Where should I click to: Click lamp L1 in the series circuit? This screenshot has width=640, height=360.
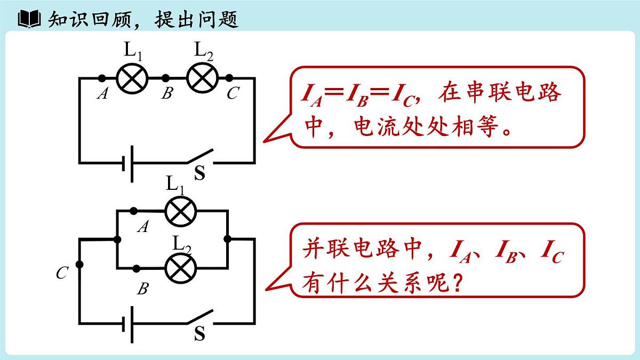(132, 79)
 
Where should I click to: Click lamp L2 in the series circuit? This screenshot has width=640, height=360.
(202, 78)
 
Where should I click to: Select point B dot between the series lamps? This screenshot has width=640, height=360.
(166, 78)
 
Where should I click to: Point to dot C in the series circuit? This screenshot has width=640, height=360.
(229, 78)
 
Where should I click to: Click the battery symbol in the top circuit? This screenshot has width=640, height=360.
(128, 162)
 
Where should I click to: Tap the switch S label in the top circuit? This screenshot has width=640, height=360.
(199, 173)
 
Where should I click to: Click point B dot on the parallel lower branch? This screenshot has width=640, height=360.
(137, 268)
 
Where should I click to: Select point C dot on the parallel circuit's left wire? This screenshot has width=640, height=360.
(80, 264)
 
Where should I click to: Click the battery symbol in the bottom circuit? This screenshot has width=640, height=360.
(128, 323)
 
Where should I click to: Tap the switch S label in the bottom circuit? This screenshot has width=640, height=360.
(199, 334)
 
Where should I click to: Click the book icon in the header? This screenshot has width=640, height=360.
(29, 19)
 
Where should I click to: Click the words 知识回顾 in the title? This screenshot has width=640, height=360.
(85, 19)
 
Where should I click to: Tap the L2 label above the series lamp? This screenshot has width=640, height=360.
(203, 51)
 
